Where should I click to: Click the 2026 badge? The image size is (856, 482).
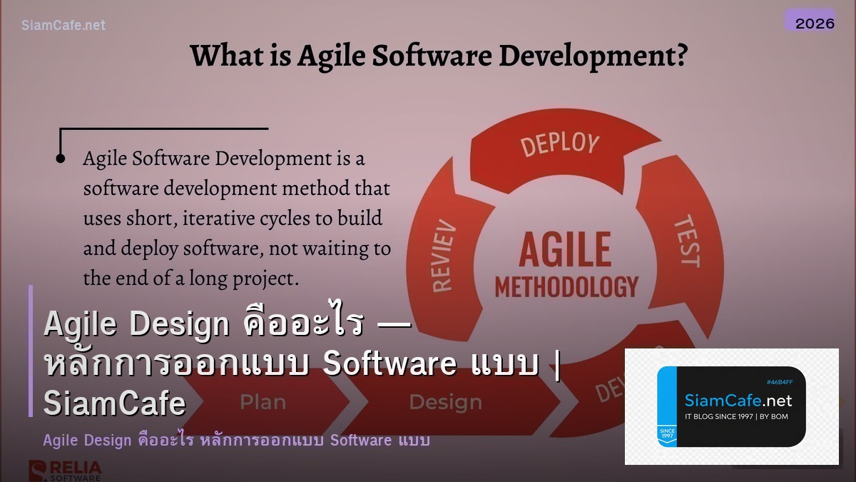coord(815,23)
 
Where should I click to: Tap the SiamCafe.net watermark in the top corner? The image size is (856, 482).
coord(63,25)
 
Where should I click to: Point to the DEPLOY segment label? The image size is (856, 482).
coord(559,144)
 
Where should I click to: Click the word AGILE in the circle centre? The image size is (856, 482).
coord(565,249)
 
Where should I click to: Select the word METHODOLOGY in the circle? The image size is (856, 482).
coord(566,286)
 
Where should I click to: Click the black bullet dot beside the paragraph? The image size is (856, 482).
coord(61,158)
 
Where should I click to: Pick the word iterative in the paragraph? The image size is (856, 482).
coord(222,219)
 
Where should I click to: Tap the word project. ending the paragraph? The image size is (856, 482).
coord(264,278)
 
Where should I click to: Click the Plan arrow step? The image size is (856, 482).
coord(263,403)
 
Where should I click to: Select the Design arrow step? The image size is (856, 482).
coord(444,403)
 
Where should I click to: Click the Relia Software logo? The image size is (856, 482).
coord(65,471)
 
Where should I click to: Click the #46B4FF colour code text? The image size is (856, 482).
coord(779,383)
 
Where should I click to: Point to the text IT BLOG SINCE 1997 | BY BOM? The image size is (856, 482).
coord(736,416)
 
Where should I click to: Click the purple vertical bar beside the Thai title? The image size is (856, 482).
coord(31,351)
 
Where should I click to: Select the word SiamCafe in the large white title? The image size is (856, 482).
coord(114,404)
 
